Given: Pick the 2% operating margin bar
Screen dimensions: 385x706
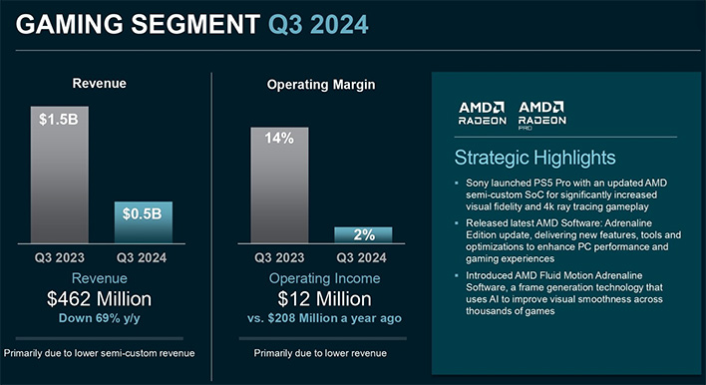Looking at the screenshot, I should [x=363, y=233].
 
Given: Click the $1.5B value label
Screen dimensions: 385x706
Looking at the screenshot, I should [x=58, y=120].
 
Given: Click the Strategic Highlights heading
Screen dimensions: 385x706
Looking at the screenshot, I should [x=534, y=158].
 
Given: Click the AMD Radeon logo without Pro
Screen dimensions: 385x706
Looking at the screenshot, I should [x=482, y=113].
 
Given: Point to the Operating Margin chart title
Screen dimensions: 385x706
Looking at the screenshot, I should [x=321, y=86].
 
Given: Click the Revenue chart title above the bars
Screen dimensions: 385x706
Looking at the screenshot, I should [x=98, y=84].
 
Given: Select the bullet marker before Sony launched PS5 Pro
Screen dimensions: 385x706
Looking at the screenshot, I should [x=456, y=184].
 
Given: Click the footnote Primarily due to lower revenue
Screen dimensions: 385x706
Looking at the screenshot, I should [x=321, y=353].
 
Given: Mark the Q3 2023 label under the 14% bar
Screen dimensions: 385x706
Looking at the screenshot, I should [x=279, y=256].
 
